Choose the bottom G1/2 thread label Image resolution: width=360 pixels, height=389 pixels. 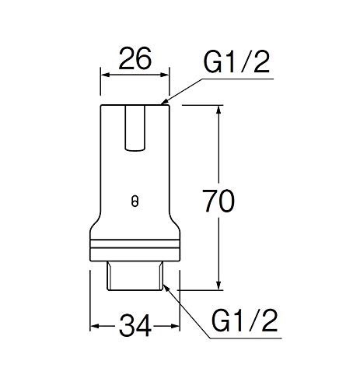244,319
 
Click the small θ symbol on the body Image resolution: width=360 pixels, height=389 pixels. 135,200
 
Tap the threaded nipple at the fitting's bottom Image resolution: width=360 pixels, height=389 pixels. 135,276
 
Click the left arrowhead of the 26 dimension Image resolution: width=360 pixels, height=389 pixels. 105,75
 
